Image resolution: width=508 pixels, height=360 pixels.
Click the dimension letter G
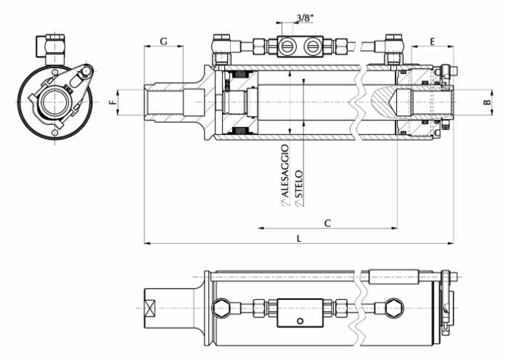tap(163, 41)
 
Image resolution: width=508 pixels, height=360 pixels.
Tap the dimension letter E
tap(432, 41)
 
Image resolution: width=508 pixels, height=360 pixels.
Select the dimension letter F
tap(112, 103)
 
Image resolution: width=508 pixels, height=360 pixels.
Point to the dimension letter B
tap(488, 103)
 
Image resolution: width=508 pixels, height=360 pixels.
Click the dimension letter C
tap(327, 224)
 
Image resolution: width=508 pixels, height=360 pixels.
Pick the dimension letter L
tap(299, 238)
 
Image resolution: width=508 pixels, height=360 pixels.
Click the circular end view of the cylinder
tap(54, 103)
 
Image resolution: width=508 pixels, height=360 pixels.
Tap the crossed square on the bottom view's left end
tap(151, 308)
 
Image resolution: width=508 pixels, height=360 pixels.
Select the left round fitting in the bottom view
tap(224, 308)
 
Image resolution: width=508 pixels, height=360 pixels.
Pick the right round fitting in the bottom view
tap(392, 308)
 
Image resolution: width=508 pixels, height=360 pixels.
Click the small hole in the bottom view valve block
tap(299, 320)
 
